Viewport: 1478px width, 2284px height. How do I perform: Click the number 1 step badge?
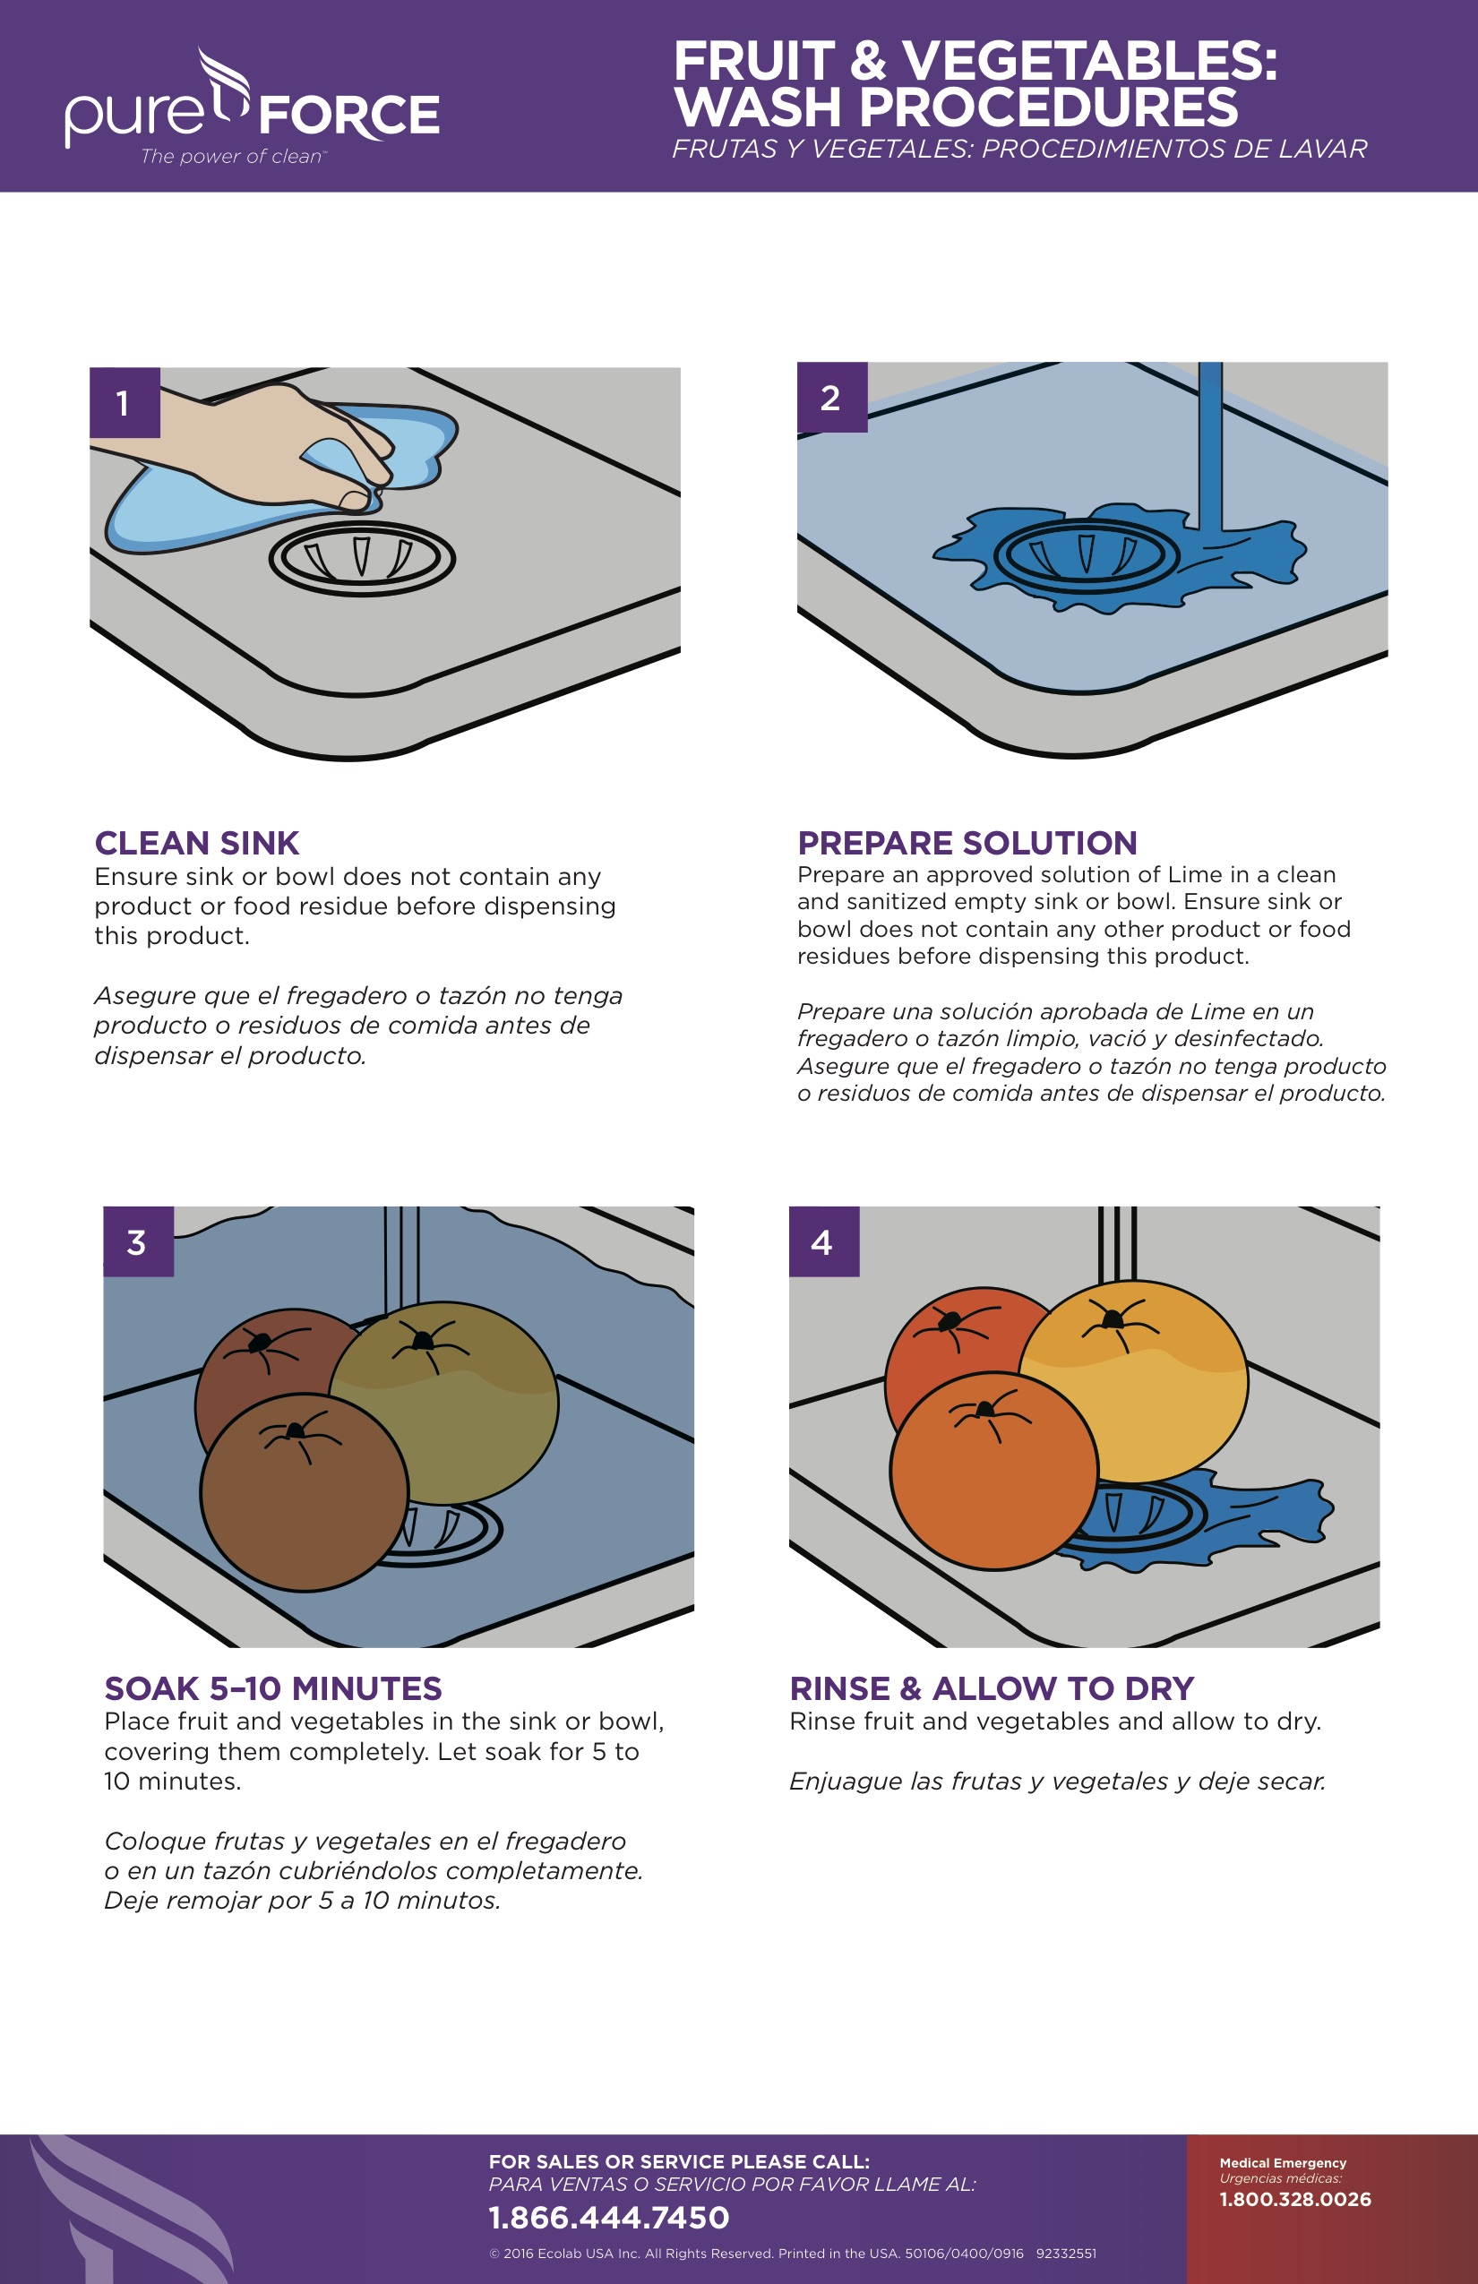point(125,402)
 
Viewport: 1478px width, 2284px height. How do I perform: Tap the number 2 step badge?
point(832,398)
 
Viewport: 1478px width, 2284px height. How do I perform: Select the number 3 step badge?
point(138,1241)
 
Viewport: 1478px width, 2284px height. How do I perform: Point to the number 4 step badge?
point(823,1241)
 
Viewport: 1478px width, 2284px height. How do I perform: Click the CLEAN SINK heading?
point(197,843)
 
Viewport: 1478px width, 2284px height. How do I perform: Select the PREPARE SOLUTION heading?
point(967,843)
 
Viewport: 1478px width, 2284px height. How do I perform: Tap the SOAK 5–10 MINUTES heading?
point(273,1688)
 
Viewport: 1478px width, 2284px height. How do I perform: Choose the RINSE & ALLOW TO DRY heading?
point(992,1688)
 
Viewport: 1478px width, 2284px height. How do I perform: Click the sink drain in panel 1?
point(361,559)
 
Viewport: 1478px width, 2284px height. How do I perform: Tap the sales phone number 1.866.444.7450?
point(609,2217)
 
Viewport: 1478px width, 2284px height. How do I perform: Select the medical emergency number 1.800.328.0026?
point(1295,2199)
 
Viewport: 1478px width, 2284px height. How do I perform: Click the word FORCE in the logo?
point(349,116)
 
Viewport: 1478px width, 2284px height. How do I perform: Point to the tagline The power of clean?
point(233,157)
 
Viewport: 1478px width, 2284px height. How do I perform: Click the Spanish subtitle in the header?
point(1019,149)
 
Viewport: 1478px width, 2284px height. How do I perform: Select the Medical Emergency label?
point(1283,2162)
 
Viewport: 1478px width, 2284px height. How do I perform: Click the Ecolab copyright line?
point(793,2253)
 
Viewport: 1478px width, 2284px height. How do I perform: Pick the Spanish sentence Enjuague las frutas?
point(1058,1782)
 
